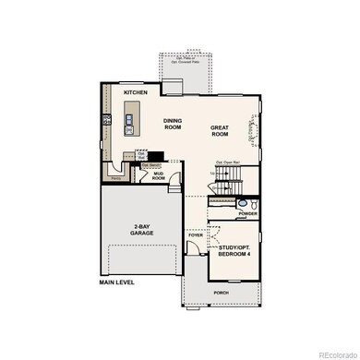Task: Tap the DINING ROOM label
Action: [174, 124]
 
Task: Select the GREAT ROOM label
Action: [220, 130]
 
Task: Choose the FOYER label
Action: [195, 235]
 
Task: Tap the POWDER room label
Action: [246, 214]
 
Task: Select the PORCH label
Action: [222, 293]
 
